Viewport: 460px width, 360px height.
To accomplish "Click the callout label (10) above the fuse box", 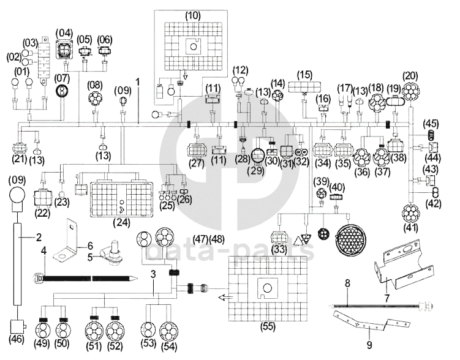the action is [x=193, y=16].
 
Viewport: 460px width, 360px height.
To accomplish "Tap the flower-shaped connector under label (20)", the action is [x=410, y=91].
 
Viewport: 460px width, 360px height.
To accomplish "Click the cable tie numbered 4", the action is [x=86, y=278].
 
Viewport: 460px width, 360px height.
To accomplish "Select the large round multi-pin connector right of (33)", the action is [x=352, y=238].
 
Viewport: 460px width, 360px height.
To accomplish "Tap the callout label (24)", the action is [x=121, y=223].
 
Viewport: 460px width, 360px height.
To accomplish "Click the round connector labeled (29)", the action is [x=259, y=156].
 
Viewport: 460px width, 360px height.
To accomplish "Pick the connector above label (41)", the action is [x=410, y=213].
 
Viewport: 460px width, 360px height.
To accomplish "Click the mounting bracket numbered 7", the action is [x=404, y=264].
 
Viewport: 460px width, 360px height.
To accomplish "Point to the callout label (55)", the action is [x=268, y=326].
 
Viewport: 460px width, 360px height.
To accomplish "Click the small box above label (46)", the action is [x=17, y=326].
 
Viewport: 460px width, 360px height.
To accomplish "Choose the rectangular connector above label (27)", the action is [x=197, y=150].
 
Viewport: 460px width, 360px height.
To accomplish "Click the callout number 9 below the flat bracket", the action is [x=369, y=345].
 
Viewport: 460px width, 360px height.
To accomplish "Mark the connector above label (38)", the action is [x=396, y=145].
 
